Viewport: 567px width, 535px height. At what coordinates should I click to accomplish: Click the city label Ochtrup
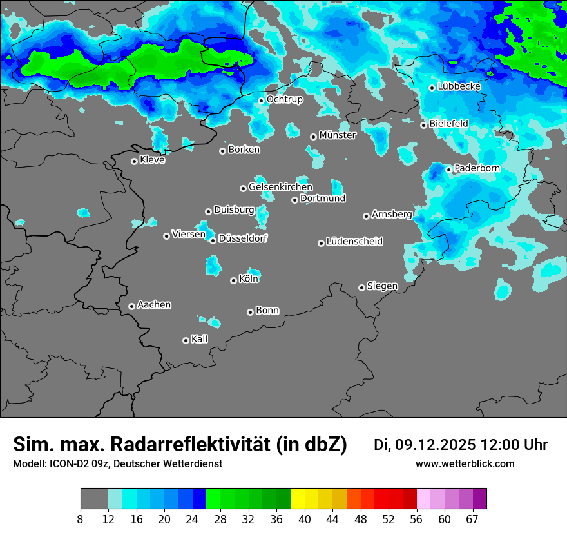(x=284, y=99)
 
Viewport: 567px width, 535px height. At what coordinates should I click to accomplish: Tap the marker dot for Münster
(x=313, y=137)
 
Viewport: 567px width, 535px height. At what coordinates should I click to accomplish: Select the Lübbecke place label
(x=459, y=86)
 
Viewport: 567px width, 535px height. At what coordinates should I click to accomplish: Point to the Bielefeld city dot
(x=423, y=125)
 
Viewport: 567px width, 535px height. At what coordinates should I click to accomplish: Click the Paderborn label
(x=477, y=168)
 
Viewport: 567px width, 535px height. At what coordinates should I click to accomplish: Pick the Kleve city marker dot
(x=134, y=161)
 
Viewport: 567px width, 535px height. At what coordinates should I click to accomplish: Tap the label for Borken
(x=244, y=150)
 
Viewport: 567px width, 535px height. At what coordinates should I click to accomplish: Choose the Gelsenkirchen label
(x=280, y=187)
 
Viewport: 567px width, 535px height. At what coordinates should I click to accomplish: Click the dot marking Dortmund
(x=294, y=200)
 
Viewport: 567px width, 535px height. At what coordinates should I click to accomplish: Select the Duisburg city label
(x=234, y=210)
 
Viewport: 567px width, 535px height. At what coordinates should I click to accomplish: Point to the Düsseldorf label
(x=243, y=238)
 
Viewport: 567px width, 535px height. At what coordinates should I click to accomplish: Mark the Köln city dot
(x=233, y=280)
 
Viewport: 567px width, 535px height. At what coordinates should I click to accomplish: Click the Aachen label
(x=154, y=305)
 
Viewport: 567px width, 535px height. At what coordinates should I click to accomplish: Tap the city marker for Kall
(x=186, y=340)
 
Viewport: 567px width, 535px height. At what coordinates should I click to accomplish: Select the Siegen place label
(x=382, y=286)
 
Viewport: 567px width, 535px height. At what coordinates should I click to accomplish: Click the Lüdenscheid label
(x=354, y=242)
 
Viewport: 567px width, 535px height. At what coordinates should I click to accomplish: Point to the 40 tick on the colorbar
(x=304, y=519)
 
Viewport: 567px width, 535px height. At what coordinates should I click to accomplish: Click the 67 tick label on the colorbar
(x=472, y=519)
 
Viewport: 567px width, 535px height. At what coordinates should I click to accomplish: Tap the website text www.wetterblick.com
(x=465, y=463)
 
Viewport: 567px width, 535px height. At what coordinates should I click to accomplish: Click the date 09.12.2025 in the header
(x=436, y=445)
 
